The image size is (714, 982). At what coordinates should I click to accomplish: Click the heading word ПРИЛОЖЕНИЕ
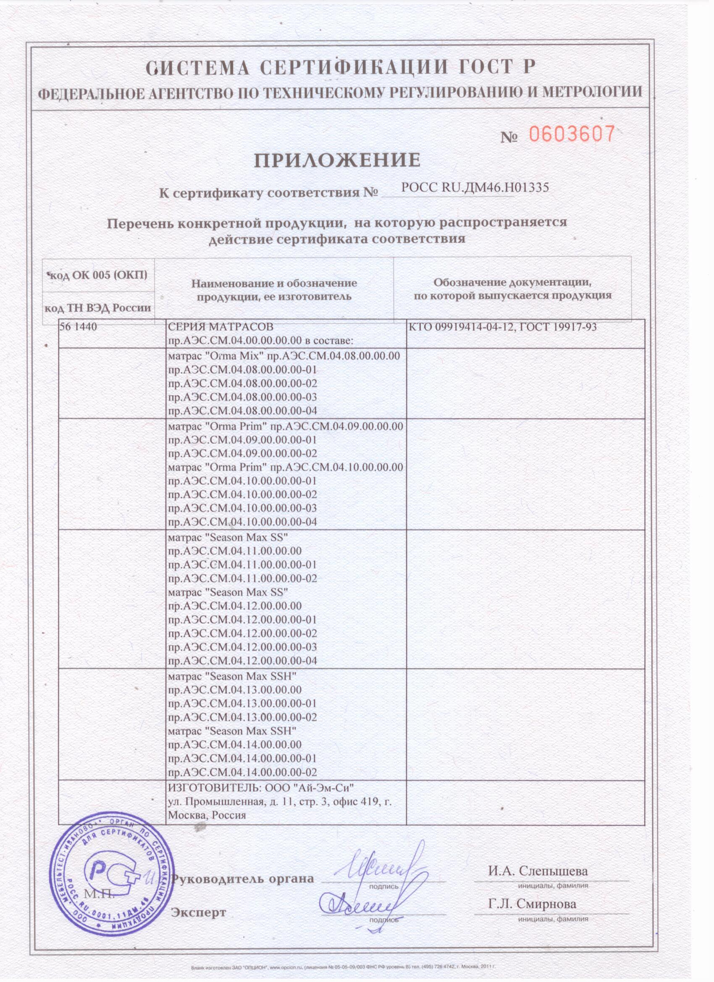click(337, 160)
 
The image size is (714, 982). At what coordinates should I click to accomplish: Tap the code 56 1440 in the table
click(78, 327)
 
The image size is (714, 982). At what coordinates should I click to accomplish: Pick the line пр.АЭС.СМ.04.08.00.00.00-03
click(242, 397)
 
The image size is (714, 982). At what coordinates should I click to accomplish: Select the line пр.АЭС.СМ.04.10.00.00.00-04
click(242, 522)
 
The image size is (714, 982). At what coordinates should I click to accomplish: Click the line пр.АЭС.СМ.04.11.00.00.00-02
click(242, 578)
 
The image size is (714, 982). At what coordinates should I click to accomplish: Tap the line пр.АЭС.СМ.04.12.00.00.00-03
click(242, 647)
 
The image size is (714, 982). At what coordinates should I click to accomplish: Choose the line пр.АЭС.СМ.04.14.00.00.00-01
click(242, 759)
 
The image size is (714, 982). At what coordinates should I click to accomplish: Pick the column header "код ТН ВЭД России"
click(98, 308)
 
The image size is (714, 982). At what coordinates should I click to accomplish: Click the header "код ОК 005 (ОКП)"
click(98, 275)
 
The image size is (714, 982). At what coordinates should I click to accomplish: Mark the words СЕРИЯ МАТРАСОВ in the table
click(220, 327)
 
